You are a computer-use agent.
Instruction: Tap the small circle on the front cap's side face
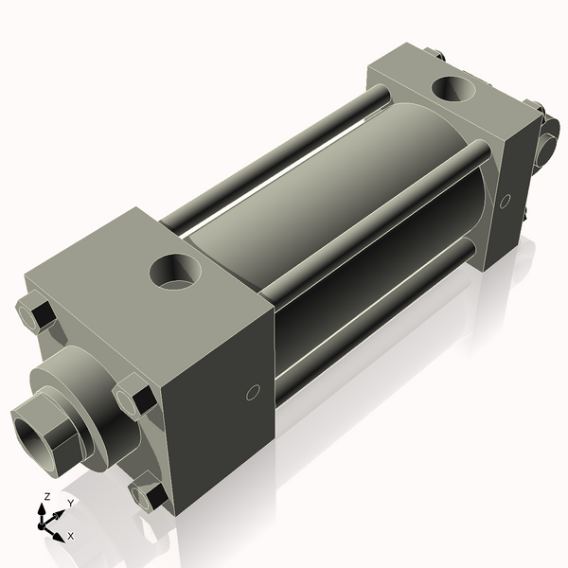(x=252, y=393)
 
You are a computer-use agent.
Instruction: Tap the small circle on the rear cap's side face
(x=505, y=201)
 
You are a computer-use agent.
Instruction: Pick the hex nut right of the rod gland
(x=134, y=395)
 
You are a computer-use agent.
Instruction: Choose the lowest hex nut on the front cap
(x=148, y=494)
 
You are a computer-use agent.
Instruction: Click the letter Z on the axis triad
(x=46, y=496)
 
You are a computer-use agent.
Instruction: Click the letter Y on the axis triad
(x=70, y=503)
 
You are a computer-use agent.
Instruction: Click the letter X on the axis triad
(x=70, y=536)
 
